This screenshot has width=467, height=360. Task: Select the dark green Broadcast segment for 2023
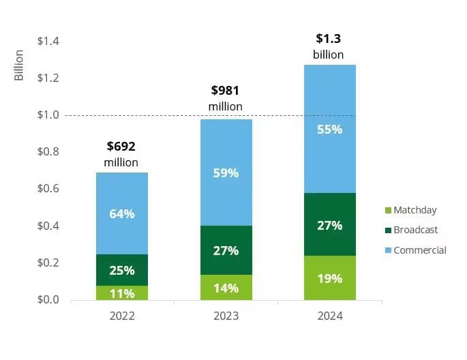pyautogui.click(x=226, y=250)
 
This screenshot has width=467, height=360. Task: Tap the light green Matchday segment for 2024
pyautogui.click(x=329, y=277)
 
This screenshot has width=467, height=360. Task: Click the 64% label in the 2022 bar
pyautogui.click(x=122, y=213)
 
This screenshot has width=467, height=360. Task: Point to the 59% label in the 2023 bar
pyautogui.click(x=226, y=173)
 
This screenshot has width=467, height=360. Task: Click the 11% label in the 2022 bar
pyautogui.click(x=122, y=294)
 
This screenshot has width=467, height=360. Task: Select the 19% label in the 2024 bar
pyautogui.click(x=329, y=278)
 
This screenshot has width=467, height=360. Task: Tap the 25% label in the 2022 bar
pyautogui.click(x=122, y=270)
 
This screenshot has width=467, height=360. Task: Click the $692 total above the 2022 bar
pyautogui.click(x=121, y=146)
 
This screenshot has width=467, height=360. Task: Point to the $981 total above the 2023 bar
pyautogui.click(x=226, y=90)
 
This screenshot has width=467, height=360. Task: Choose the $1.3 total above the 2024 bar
pyautogui.click(x=329, y=39)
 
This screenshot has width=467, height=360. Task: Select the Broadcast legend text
pyautogui.click(x=415, y=230)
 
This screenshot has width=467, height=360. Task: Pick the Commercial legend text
pyautogui.click(x=419, y=250)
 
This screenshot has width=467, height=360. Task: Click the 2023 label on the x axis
pyautogui.click(x=226, y=316)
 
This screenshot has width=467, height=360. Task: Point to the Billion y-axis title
pyautogui.click(x=19, y=65)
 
